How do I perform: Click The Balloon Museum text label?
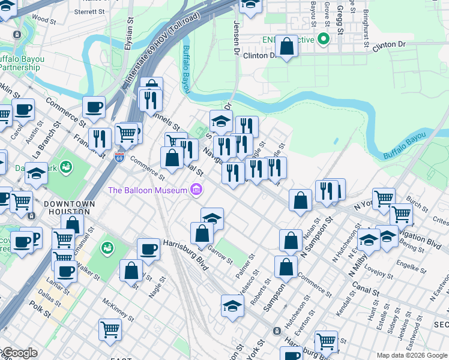(148, 191)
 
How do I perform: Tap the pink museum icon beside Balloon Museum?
(196, 191)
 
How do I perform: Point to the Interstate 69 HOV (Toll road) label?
(163, 52)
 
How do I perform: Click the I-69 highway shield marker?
(119, 157)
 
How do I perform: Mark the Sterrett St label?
(90, 11)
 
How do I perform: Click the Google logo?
(19, 353)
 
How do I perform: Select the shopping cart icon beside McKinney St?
(110, 329)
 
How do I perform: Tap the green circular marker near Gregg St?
(324, 40)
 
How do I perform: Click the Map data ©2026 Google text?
(411, 355)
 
